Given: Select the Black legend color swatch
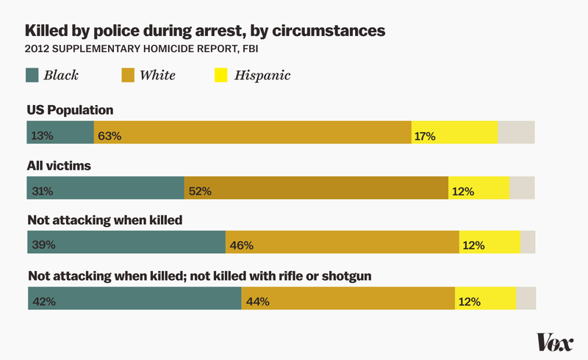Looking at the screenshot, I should [x=33, y=75].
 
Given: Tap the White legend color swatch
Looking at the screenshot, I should [x=128, y=75].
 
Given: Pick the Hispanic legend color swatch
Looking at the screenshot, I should [x=220, y=75].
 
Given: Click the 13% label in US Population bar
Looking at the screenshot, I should [x=43, y=135].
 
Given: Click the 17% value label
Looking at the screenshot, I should [x=425, y=135].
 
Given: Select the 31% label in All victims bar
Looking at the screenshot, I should [x=43, y=191].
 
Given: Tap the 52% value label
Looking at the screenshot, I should [x=200, y=191].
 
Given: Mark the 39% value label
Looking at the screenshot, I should [x=43, y=245].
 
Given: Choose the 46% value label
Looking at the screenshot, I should [x=242, y=245].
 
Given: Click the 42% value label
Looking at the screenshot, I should [x=43, y=301].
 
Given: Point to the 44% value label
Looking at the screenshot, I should [x=257, y=301].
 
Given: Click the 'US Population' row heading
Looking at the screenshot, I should [x=71, y=110].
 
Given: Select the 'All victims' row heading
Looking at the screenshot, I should [x=59, y=166].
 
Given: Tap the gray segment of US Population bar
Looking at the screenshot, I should [x=516, y=132].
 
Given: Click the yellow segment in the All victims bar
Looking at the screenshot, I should [x=478, y=188].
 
